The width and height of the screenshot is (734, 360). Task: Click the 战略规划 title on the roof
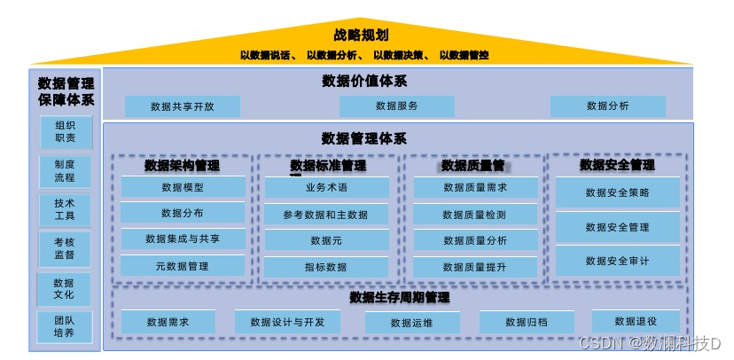click(363, 35)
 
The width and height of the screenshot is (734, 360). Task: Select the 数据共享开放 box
click(182, 106)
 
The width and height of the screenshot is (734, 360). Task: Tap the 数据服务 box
click(396, 106)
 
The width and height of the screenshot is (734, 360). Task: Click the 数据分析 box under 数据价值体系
click(607, 106)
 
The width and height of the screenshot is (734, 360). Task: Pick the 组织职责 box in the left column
click(65, 132)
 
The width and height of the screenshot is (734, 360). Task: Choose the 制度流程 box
click(65, 171)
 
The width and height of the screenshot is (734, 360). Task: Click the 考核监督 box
click(65, 248)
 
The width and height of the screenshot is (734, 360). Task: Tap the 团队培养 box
click(65, 326)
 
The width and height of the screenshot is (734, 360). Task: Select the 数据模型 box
click(183, 187)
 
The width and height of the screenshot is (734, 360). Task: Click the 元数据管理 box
click(183, 266)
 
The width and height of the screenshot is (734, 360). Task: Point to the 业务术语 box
click(326, 188)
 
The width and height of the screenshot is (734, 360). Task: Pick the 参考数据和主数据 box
click(326, 215)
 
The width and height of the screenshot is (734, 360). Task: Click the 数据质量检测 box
click(474, 215)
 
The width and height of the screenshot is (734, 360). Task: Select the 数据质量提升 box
click(474, 267)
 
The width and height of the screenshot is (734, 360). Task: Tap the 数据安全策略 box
click(617, 192)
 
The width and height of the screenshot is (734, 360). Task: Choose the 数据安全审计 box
click(617, 261)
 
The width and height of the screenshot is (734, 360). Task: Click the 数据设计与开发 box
click(287, 322)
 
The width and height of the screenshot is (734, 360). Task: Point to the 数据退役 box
click(636, 321)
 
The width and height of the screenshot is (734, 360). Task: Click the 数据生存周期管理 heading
click(399, 297)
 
